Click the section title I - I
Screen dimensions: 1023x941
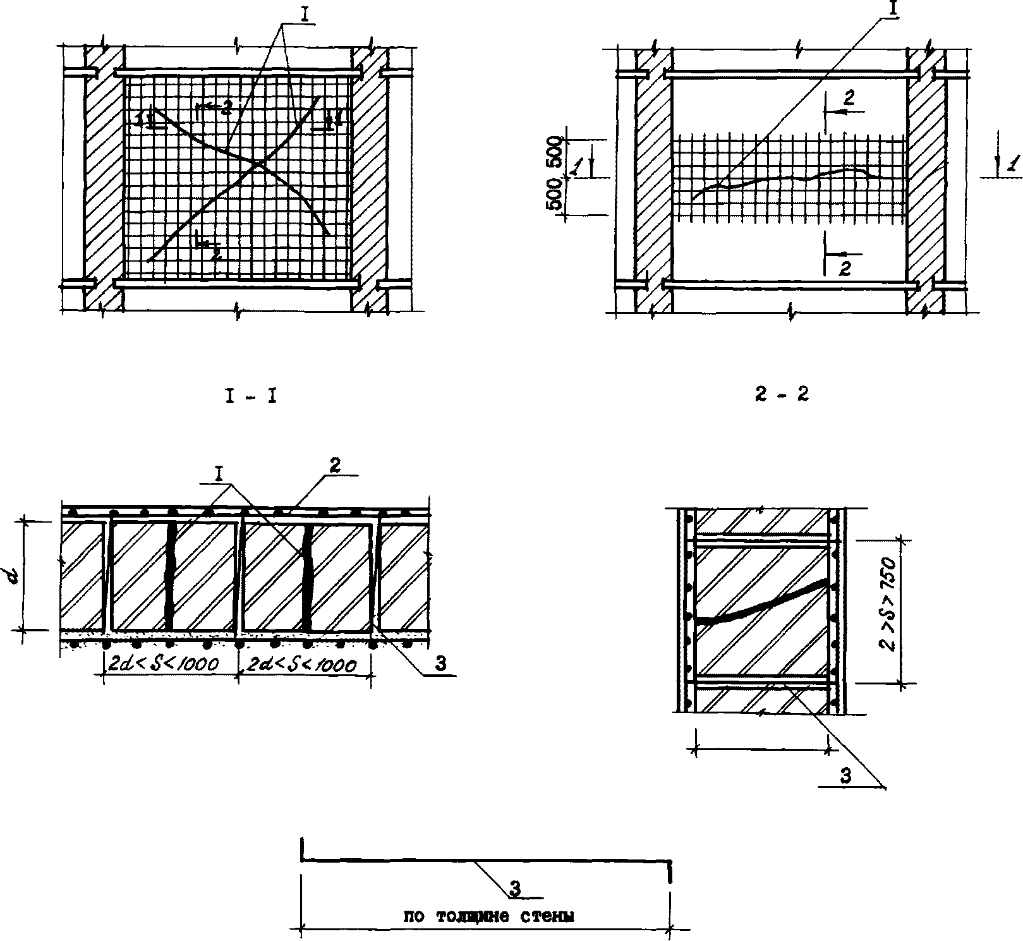tap(251, 397)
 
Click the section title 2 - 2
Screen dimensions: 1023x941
tap(782, 396)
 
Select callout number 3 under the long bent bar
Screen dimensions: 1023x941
tap(516, 889)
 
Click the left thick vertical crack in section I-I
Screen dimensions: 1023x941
tap(169, 575)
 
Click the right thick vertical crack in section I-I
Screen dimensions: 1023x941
tap(307, 575)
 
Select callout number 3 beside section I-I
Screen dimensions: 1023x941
tap(440, 664)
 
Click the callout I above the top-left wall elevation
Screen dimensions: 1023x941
tap(305, 15)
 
